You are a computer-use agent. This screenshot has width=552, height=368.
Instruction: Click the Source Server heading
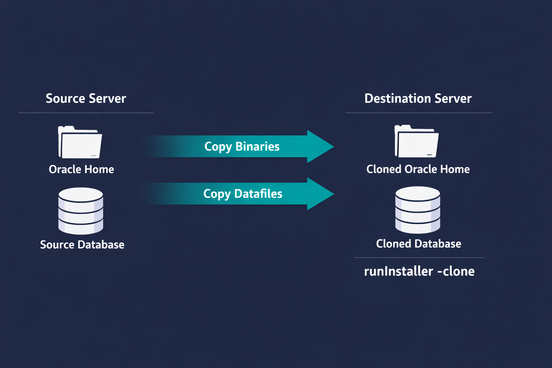point(86,98)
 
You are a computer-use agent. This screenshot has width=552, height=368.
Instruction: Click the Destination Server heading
point(418,98)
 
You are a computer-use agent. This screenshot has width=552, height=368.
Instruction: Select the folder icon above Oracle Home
point(80,143)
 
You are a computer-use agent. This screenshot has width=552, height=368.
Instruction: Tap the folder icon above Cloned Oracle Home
point(417,142)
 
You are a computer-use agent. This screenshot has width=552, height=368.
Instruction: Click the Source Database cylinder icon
point(81,211)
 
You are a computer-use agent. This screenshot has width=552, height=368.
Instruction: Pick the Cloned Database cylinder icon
point(418,210)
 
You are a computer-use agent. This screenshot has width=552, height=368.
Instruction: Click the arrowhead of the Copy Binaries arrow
point(320,147)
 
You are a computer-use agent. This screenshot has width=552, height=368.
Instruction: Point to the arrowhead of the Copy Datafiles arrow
point(320,194)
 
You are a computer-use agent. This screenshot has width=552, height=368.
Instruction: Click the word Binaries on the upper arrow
point(257,147)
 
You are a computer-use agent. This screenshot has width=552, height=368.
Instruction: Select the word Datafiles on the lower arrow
point(258,194)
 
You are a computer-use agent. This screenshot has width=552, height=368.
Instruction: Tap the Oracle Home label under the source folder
point(81,169)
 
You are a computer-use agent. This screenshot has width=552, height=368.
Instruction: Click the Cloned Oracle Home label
point(418,169)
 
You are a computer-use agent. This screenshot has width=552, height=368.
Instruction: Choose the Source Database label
point(82,245)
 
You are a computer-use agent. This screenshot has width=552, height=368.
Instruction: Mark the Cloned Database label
point(418,244)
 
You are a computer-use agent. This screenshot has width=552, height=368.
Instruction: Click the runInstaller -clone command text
point(419,271)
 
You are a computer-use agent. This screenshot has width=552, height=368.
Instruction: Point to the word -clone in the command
point(456,271)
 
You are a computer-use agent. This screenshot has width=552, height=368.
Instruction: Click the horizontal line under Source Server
point(86,113)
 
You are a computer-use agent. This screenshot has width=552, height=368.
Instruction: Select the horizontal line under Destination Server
point(418,113)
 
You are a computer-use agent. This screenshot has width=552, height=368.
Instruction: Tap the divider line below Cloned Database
point(419,258)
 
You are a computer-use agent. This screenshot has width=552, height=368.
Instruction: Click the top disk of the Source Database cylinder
point(81,194)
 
